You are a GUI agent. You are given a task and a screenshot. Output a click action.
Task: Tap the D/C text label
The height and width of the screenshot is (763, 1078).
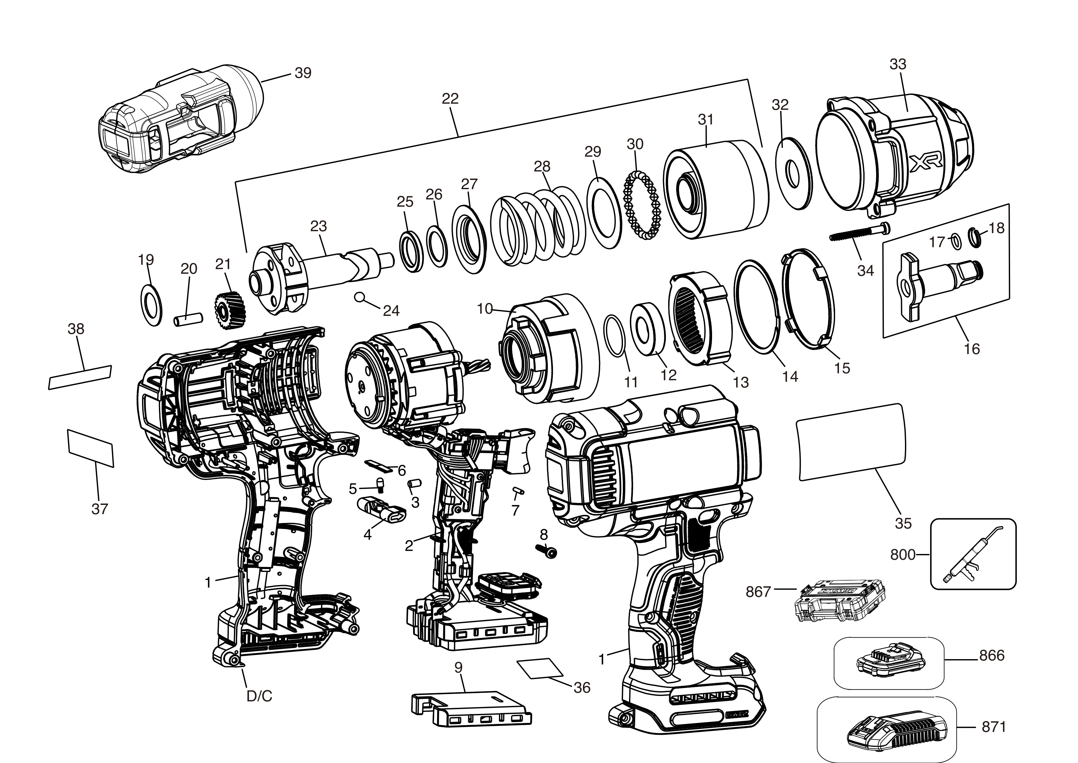click(260, 696)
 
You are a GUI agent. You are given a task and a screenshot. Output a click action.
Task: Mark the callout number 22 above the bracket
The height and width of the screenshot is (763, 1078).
click(450, 99)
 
